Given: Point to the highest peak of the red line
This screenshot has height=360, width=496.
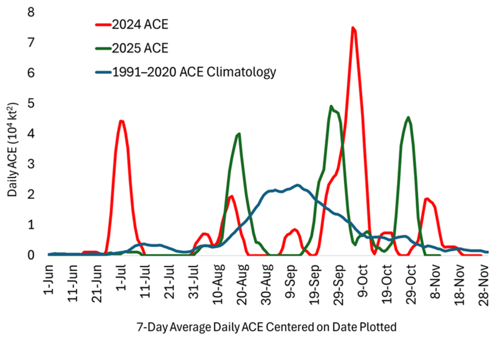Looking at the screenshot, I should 353,28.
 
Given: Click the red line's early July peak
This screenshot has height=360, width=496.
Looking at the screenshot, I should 121,121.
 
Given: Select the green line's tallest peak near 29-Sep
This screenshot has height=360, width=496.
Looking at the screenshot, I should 331,106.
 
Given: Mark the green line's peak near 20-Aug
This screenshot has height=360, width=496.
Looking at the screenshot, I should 240,134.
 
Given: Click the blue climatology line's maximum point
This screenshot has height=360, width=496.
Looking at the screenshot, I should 298,185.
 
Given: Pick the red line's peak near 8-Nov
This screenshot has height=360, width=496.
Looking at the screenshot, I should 427,198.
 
